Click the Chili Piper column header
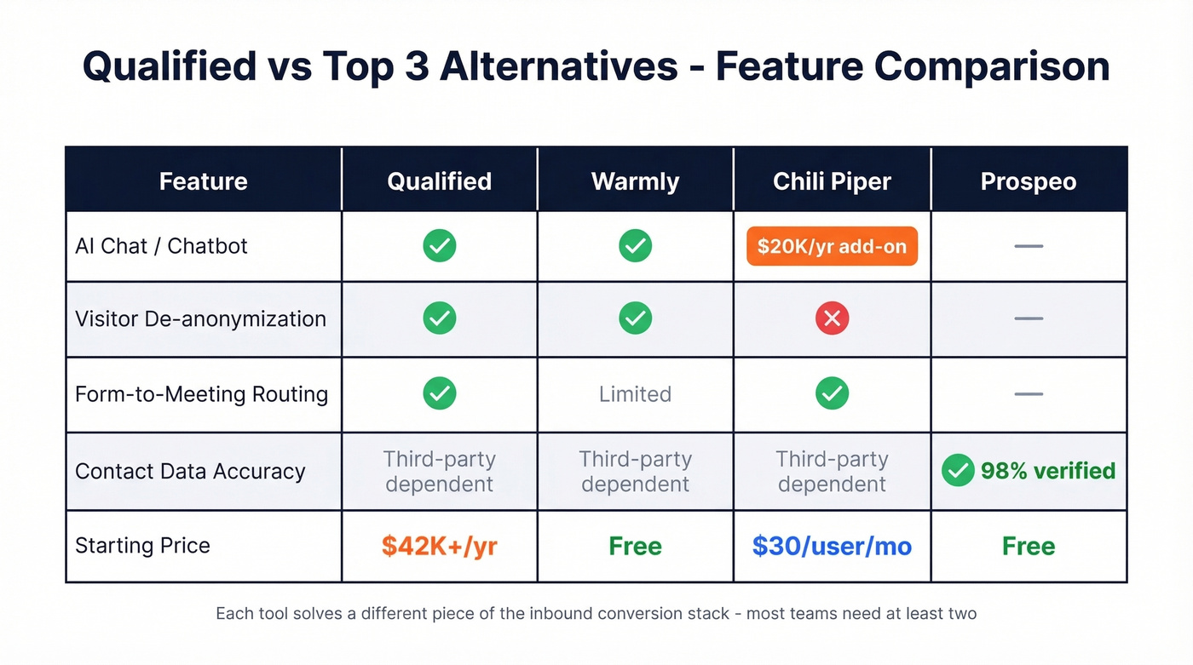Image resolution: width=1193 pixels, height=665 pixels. click(x=832, y=181)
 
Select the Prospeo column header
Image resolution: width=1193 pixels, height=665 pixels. click(x=1029, y=181)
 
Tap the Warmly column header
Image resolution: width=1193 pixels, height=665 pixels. click(x=635, y=181)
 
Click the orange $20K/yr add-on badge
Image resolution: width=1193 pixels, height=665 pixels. click(x=832, y=246)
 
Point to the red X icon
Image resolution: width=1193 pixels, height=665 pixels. click(x=832, y=318)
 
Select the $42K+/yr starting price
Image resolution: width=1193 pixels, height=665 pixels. click(x=439, y=546)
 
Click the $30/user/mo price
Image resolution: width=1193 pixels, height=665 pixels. click(x=832, y=546)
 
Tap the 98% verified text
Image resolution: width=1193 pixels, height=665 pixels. click(x=1047, y=471)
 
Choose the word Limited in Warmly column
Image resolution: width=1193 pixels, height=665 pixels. click(x=635, y=394)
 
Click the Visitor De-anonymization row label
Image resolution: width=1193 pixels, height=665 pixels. click(x=200, y=318)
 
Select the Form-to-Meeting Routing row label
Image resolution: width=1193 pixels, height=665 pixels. click(x=201, y=394)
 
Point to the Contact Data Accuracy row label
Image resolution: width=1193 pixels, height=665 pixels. click(x=190, y=471)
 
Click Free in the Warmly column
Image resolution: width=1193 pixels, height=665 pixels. click(x=635, y=546)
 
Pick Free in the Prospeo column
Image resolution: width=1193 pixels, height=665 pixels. click(x=1029, y=546)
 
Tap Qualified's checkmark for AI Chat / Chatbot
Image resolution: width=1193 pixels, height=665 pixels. click(x=439, y=246)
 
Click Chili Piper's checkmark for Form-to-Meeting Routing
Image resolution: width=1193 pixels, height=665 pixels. click(x=832, y=393)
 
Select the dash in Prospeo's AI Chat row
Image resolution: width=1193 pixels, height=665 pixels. click(x=1029, y=246)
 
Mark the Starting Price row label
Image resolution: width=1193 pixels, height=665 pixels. click(x=142, y=546)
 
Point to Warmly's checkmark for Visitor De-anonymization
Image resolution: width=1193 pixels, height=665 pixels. click(x=635, y=318)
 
